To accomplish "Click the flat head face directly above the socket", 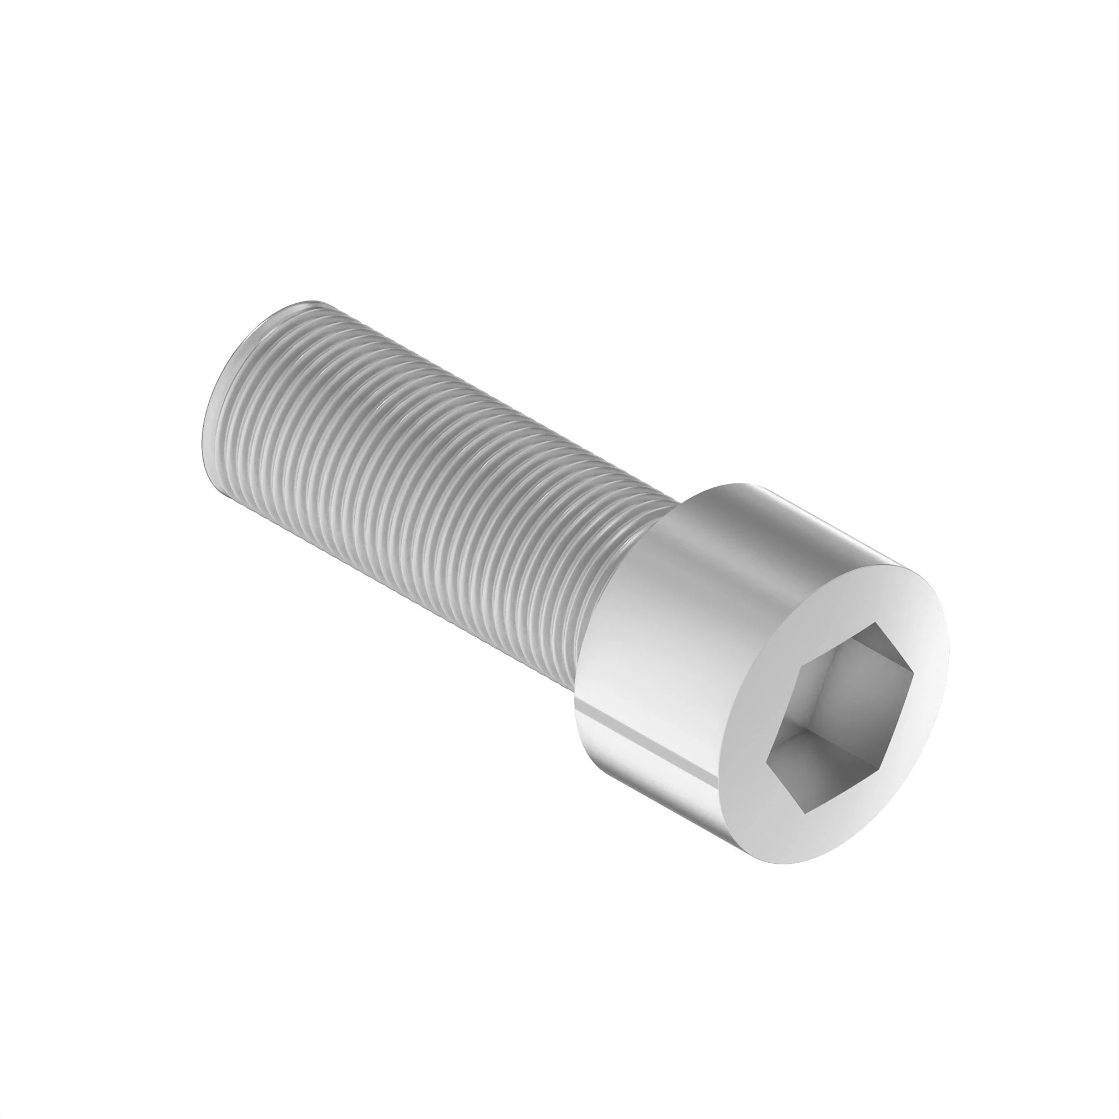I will click(x=852, y=591).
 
